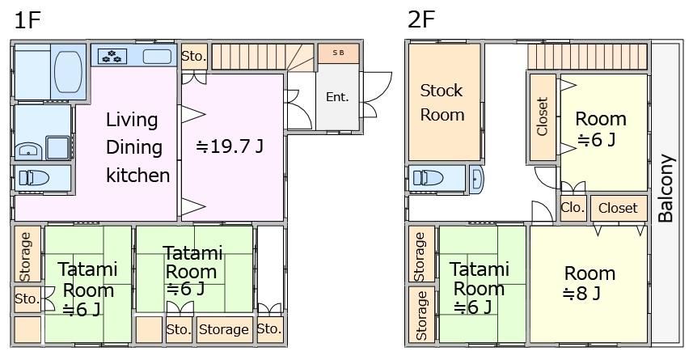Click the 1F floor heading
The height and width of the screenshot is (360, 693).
(x=27, y=20)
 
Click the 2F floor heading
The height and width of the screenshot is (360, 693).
(x=421, y=19)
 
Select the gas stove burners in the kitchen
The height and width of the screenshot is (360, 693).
(x=112, y=56)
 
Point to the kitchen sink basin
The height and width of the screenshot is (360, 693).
(x=157, y=56)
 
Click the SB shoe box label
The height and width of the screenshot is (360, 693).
(x=338, y=53)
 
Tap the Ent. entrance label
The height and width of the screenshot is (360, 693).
(x=337, y=96)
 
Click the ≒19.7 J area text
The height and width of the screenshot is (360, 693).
(x=230, y=146)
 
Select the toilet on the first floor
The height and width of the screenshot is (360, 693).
(x=34, y=178)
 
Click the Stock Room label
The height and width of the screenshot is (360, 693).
(x=442, y=103)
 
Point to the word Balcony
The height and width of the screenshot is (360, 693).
(x=666, y=188)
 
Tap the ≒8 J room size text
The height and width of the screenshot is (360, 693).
(x=581, y=293)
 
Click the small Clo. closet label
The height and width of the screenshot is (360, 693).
(x=573, y=207)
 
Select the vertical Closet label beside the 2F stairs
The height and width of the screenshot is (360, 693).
(x=542, y=116)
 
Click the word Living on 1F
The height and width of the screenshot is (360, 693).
(x=132, y=120)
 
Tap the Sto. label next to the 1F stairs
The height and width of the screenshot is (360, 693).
(x=194, y=56)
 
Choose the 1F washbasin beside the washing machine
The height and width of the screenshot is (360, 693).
(x=29, y=150)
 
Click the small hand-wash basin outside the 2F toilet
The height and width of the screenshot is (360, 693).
(x=476, y=180)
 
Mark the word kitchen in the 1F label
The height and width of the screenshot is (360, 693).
(x=138, y=175)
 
